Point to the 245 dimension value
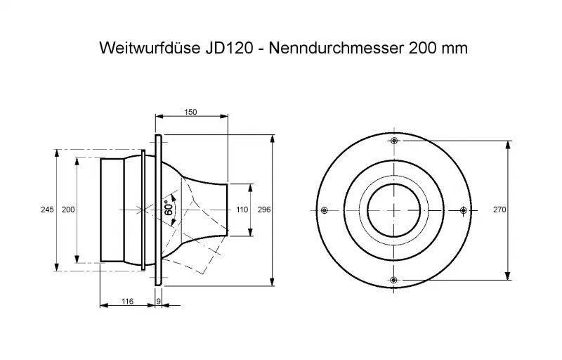47,210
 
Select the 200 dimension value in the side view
68,210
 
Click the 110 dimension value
242,210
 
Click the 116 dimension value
127,301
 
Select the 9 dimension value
159,301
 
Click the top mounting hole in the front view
393,141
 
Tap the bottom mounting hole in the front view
393,280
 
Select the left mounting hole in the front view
324,210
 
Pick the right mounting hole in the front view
463,210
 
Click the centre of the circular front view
393,210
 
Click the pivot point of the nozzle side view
143,210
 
